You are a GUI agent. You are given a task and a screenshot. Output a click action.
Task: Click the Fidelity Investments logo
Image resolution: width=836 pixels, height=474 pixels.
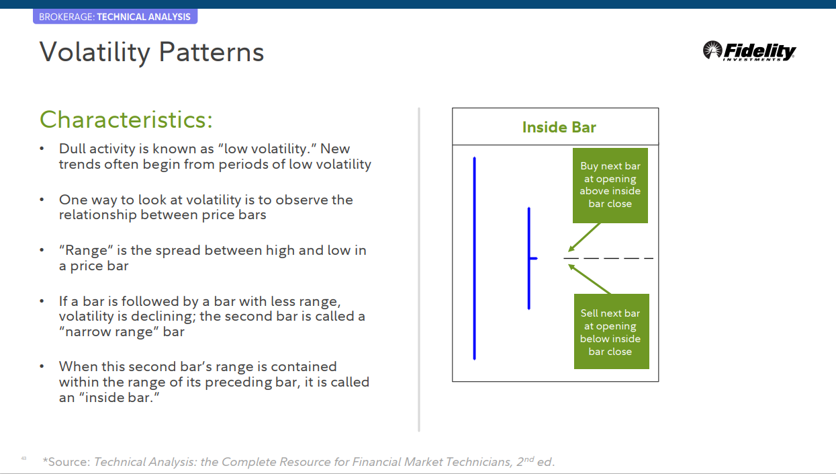click(749, 51)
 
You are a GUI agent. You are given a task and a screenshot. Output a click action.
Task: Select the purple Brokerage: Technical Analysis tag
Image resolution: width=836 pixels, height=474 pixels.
click(115, 17)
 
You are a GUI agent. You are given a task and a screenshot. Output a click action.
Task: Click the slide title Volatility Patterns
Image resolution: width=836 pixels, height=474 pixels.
click(152, 52)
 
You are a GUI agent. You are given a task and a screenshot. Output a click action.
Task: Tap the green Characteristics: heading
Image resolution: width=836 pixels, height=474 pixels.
click(126, 120)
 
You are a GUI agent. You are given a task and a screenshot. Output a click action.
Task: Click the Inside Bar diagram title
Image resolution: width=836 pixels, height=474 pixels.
click(559, 127)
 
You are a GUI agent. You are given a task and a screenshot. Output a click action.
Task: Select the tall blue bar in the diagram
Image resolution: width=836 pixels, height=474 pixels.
click(475, 258)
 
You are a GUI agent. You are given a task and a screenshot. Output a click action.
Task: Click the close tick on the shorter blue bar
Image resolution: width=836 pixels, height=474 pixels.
click(534, 258)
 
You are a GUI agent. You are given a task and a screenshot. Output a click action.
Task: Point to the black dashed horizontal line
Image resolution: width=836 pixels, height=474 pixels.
click(608, 258)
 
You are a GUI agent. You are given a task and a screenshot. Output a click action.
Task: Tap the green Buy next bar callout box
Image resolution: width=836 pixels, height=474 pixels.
click(610, 185)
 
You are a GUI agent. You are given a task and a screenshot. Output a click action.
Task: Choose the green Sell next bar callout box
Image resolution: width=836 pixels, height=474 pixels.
click(611, 331)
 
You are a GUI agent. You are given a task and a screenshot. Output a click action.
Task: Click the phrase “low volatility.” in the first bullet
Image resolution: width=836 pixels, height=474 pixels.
click(248, 149)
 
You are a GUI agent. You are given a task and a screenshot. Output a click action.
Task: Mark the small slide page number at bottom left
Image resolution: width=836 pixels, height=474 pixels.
click(24, 459)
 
